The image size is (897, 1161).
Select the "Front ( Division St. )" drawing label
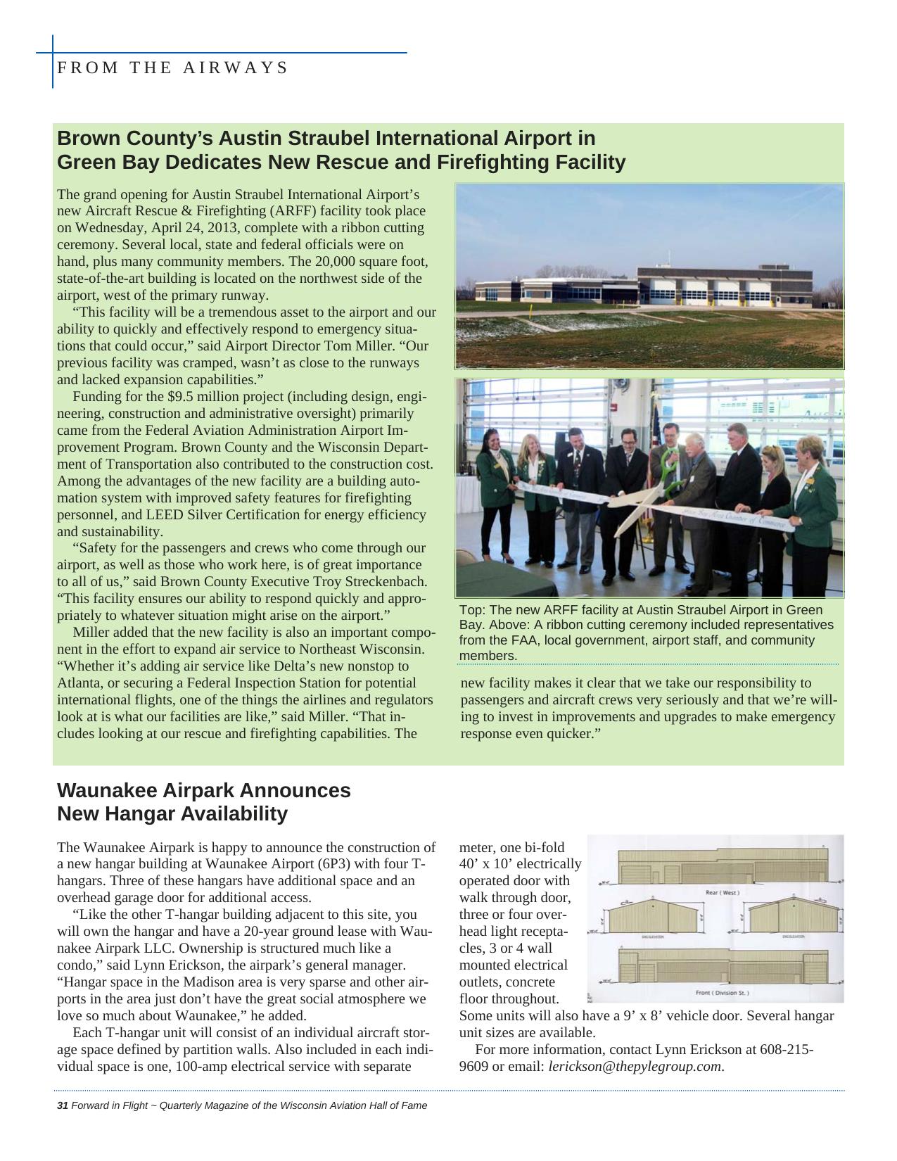[723, 992]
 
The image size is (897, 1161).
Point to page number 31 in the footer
[62, 1105]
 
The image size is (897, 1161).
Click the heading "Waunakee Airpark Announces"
[203, 790]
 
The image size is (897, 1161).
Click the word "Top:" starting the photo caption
[472, 610]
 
